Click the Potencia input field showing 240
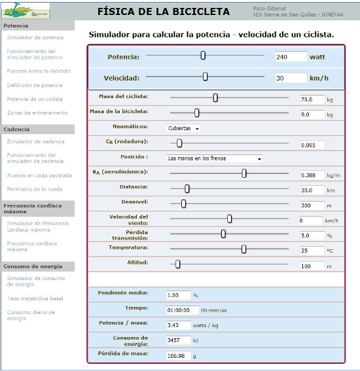click(x=291, y=56)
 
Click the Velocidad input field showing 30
click(x=291, y=78)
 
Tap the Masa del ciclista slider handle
click(x=215, y=98)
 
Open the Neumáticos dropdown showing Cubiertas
click(x=183, y=128)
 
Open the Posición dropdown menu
click(x=215, y=158)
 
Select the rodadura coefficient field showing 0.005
click(x=312, y=145)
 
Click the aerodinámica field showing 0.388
click(x=312, y=175)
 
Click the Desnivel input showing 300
click(x=312, y=205)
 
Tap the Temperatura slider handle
click(x=243, y=249)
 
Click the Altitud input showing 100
click(x=312, y=266)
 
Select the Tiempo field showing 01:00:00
click(x=178, y=309)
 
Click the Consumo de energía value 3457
click(x=178, y=340)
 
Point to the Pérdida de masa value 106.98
click(x=178, y=356)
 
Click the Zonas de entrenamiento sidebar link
click(x=37, y=113)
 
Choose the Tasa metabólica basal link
click(x=35, y=298)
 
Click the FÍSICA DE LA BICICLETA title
click(x=163, y=12)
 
